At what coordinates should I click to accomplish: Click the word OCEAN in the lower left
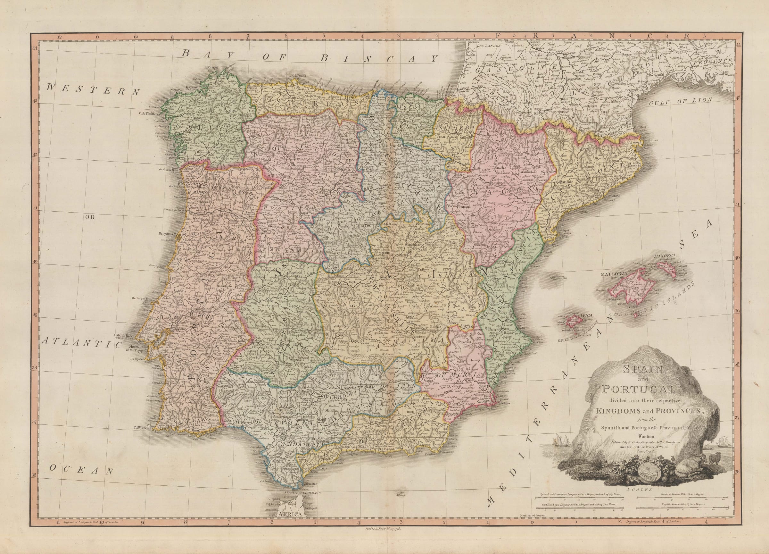[81, 470]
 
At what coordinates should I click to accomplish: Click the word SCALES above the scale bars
[637, 490]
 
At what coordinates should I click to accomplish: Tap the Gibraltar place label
[312, 483]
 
